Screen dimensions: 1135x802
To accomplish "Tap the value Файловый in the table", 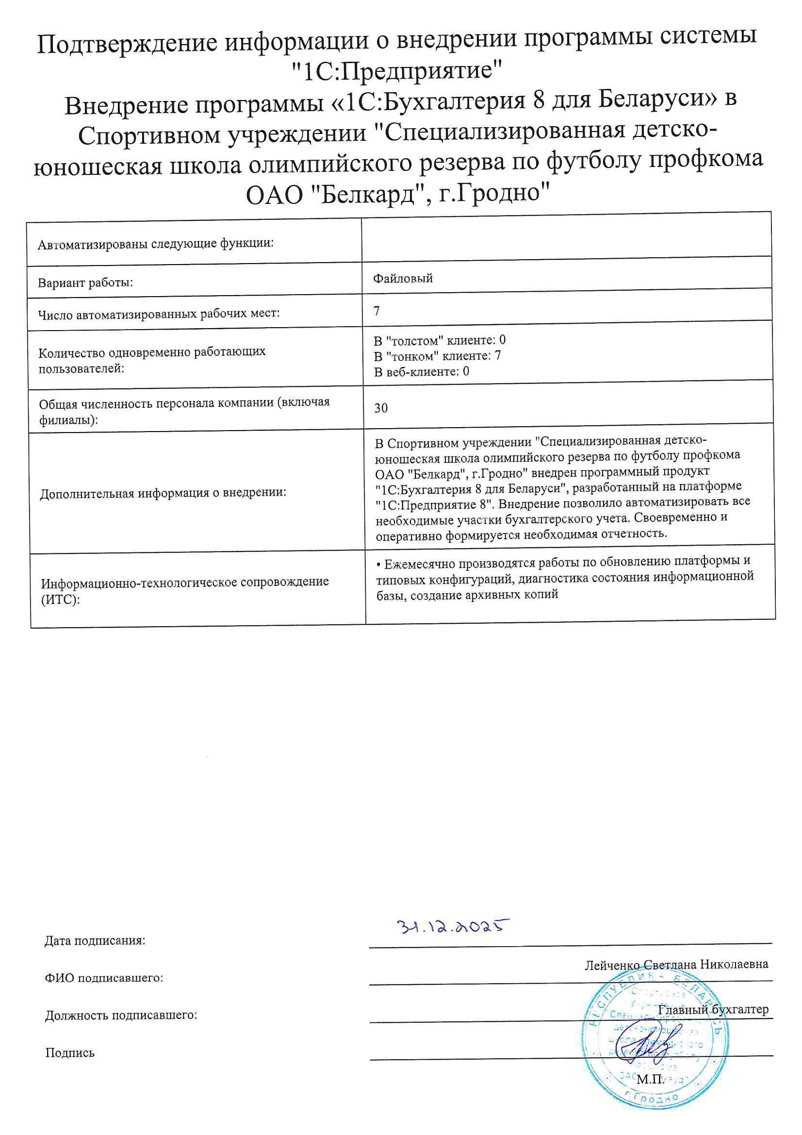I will click(x=403, y=278).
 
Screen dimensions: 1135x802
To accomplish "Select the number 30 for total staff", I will click(x=381, y=408).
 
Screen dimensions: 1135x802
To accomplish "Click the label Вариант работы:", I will click(x=85, y=283).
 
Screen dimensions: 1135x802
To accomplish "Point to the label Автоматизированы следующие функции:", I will click(x=156, y=244).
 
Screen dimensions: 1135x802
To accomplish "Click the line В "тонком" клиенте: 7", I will click(x=437, y=356).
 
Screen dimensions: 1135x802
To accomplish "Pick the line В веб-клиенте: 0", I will click(x=422, y=372).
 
